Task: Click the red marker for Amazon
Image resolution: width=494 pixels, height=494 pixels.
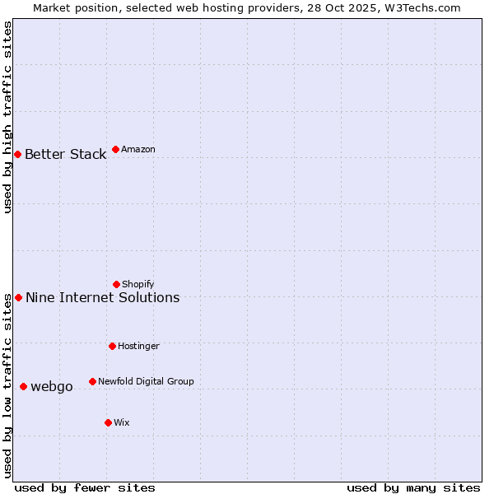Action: tap(115, 149)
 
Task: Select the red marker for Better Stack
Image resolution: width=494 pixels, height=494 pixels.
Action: tap(17, 154)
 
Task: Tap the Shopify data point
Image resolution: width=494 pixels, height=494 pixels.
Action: tap(116, 284)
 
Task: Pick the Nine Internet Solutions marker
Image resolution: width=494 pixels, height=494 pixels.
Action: tap(18, 297)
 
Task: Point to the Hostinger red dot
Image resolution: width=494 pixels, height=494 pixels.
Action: tap(112, 346)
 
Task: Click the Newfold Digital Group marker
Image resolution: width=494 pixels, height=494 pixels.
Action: tap(92, 381)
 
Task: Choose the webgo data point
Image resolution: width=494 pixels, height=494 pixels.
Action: tap(23, 386)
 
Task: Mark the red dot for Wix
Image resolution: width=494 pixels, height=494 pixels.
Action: tap(108, 422)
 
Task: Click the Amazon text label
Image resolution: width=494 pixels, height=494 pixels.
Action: tap(138, 149)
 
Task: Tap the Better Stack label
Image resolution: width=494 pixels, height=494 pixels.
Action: tap(66, 154)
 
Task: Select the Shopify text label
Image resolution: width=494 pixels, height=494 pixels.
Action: tap(138, 284)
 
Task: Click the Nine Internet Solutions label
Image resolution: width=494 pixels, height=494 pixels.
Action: tap(103, 297)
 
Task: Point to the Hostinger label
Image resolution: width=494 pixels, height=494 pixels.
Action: tap(138, 346)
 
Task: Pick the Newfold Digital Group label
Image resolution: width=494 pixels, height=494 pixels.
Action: tap(146, 381)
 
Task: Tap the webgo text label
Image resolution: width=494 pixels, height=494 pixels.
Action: tap(52, 386)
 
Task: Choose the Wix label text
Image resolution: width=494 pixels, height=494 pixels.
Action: tap(122, 422)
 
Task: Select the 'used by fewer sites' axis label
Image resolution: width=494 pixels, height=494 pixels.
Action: tap(85, 487)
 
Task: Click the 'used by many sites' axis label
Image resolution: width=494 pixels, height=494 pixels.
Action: tap(413, 487)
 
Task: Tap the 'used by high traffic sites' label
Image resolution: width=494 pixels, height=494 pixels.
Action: tap(7, 117)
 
